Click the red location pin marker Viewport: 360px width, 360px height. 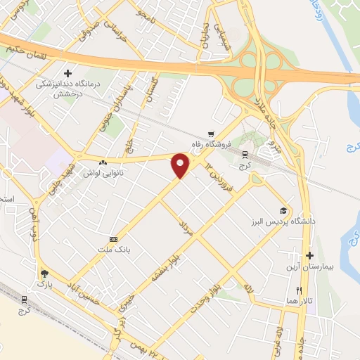[181, 165]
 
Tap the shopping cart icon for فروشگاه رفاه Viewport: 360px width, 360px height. [210, 134]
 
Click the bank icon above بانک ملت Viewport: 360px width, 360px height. [112, 239]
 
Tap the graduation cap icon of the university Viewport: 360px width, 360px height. [283, 210]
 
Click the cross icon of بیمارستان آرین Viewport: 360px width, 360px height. [309, 255]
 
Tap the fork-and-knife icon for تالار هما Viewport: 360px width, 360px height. [299, 290]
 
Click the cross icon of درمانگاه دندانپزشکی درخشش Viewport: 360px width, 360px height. [67, 72]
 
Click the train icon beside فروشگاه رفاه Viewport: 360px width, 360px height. [245, 155]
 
